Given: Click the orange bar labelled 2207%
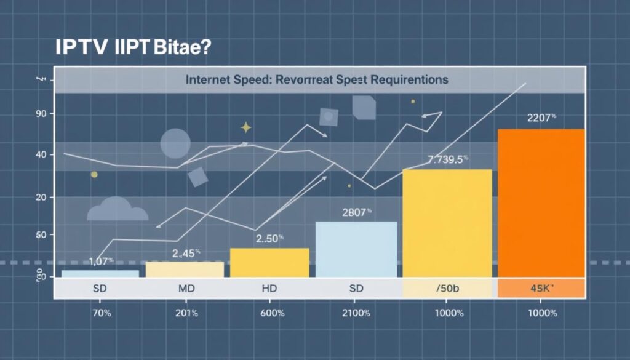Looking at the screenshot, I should click(x=541, y=203).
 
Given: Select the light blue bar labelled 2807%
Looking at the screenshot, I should click(x=356, y=249).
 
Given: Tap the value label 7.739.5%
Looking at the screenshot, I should click(x=448, y=160).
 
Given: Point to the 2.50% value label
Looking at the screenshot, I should click(x=269, y=238).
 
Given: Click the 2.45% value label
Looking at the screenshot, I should click(x=186, y=252).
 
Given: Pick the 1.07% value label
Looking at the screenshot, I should click(x=102, y=261).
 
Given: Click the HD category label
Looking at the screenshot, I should click(x=269, y=288).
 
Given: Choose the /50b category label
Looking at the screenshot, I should click(x=448, y=288).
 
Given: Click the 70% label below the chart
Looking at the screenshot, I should click(x=101, y=313).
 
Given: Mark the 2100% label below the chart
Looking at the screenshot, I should click(x=355, y=313).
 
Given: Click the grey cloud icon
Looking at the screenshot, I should click(x=117, y=210).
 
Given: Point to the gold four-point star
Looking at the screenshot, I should click(x=246, y=127).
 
